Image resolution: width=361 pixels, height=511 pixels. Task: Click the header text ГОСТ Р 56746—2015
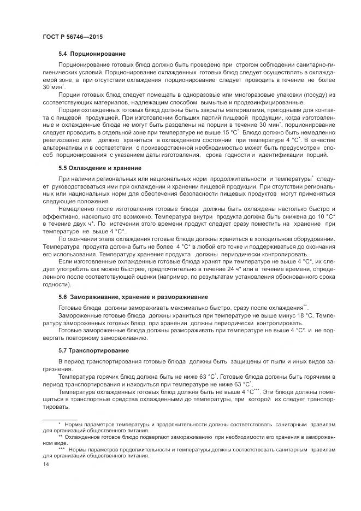coord(72,37)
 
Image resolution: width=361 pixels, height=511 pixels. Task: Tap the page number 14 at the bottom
coord(45,464)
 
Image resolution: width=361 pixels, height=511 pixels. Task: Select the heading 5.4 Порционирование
coord(92,54)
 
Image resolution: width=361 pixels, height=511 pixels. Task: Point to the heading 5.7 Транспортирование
coord(93,350)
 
